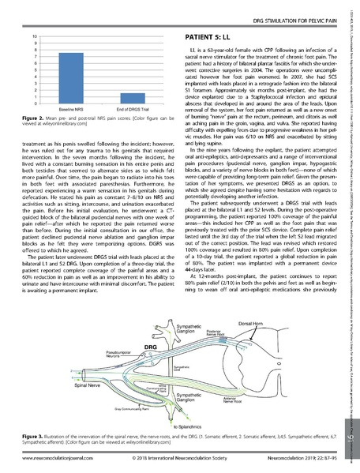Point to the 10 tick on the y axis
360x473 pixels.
(x=32, y=37)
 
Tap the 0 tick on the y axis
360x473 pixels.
(x=32, y=103)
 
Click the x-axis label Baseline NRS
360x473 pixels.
(x=61, y=110)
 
